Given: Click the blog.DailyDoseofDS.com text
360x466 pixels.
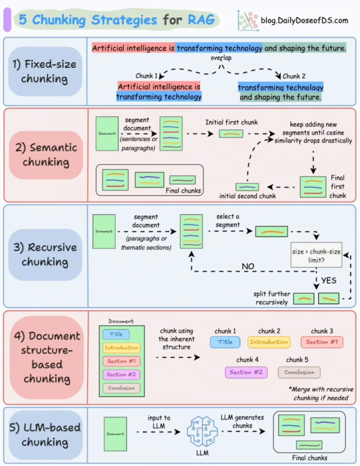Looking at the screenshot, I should (x=304, y=20).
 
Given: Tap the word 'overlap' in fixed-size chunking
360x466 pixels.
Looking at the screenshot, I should (x=221, y=58).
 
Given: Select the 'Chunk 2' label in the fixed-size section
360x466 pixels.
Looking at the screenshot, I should (x=294, y=76).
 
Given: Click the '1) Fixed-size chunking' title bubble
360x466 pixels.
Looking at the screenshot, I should (x=45, y=71).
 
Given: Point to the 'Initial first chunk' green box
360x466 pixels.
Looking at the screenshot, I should (x=231, y=134).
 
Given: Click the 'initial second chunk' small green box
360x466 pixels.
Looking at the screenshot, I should (x=247, y=187).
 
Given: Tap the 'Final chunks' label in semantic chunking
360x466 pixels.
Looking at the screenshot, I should (x=183, y=191).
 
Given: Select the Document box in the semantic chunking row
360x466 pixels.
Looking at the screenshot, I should (x=107, y=134).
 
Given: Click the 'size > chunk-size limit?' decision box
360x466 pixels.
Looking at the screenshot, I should (x=316, y=255).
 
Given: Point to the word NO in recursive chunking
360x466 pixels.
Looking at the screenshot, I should (x=248, y=266).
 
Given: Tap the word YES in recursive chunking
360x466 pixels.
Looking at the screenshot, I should (x=329, y=280).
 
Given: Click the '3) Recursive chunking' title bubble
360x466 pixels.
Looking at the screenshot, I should (x=45, y=255).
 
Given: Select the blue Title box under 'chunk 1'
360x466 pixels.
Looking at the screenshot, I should (x=225, y=342).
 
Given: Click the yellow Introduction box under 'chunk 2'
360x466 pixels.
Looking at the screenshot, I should (x=269, y=342).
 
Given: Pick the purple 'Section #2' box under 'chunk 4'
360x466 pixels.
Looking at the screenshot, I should (x=246, y=372).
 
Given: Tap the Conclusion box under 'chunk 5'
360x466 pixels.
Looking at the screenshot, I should (x=299, y=372).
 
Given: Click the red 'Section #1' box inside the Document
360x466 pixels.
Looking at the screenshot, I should (x=121, y=361).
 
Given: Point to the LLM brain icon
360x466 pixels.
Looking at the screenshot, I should (x=202, y=432).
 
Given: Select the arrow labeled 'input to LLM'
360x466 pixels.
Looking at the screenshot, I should (x=159, y=432).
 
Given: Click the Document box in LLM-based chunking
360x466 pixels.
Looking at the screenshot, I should (x=115, y=434).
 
